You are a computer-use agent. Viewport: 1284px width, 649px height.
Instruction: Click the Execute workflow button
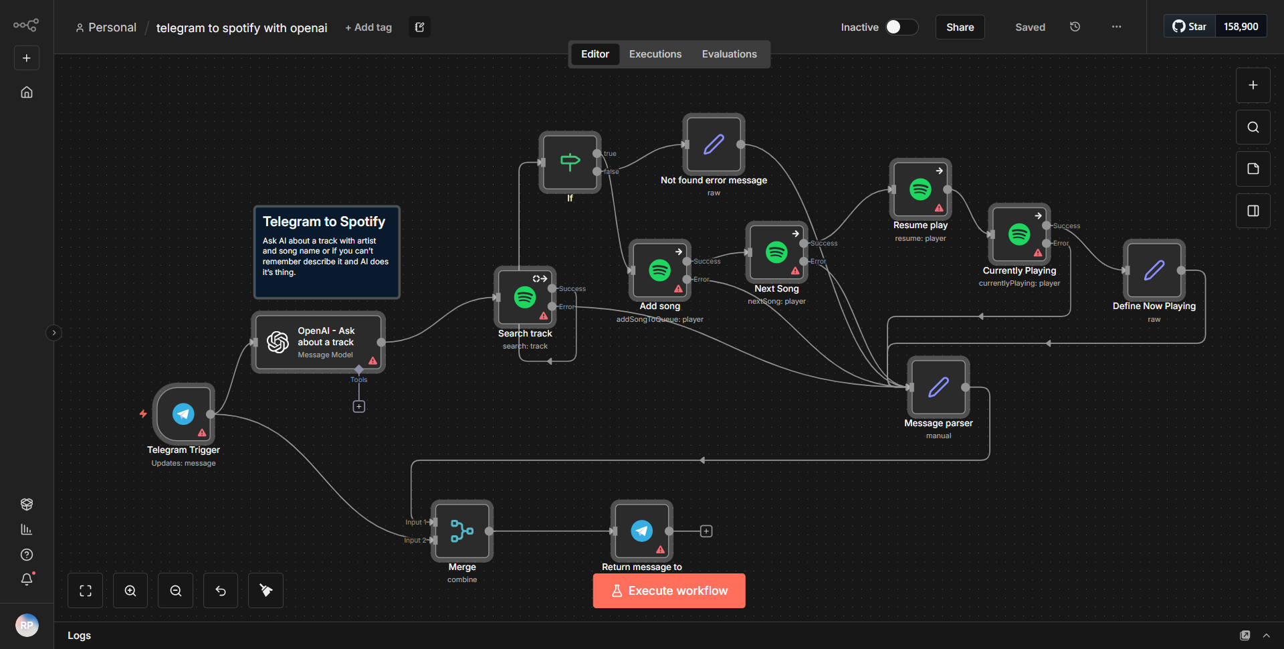pyautogui.click(x=669, y=591)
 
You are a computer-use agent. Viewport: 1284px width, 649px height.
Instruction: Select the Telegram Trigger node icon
pyautogui.click(x=183, y=414)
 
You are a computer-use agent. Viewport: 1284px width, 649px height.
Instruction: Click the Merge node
pyautogui.click(x=462, y=531)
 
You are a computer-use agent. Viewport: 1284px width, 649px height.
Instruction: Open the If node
pyautogui.click(x=570, y=162)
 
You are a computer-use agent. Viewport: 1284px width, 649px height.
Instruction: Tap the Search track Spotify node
pyautogui.click(x=525, y=297)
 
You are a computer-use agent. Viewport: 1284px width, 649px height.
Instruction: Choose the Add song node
pyautogui.click(x=659, y=270)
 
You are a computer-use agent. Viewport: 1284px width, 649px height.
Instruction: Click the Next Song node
pyautogui.click(x=776, y=252)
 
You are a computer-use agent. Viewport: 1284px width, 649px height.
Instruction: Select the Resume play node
pyautogui.click(x=920, y=189)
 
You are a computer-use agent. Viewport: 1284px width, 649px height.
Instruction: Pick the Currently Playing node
pyautogui.click(x=1019, y=235)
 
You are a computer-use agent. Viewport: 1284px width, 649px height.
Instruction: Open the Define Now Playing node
pyautogui.click(x=1154, y=270)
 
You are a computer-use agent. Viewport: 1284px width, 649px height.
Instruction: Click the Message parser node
pyautogui.click(x=938, y=387)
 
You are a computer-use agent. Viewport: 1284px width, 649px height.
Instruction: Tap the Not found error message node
pyautogui.click(x=714, y=145)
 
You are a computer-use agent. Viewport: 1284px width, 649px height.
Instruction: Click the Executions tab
pyautogui.click(x=655, y=54)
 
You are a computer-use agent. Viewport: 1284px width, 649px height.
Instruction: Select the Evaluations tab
pyautogui.click(x=729, y=54)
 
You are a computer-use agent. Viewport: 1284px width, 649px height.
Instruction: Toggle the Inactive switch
pyautogui.click(x=901, y=27)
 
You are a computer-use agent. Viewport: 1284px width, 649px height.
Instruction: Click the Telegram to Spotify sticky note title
pyautogui.click(x=324, y=221)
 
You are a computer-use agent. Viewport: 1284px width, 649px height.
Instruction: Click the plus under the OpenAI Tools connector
pyautogui.click(x=359, y=407)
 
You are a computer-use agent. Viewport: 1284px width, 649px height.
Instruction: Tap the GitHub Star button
pyautogui.click(x=1190, y=27)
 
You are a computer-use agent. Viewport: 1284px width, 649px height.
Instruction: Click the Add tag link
pyautogui.click(x=368, y=27)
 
